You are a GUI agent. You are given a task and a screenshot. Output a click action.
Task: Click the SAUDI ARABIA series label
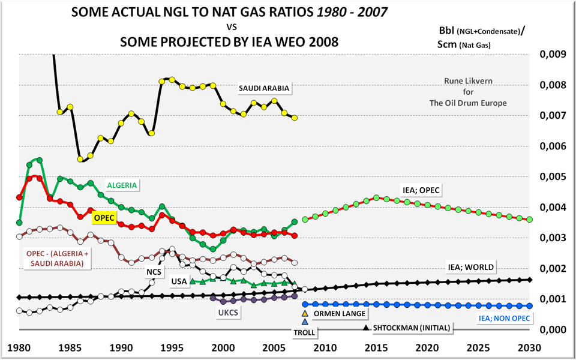click(x=264, y=88)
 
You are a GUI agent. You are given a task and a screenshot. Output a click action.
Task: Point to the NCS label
click(x=154, y=271)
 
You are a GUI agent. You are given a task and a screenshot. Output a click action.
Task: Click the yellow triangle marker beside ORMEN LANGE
click(x=305, y=313)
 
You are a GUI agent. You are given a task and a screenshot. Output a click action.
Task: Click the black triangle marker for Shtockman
click(x=366, y=328)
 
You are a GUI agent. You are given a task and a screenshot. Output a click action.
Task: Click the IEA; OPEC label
click(x=421, y=190)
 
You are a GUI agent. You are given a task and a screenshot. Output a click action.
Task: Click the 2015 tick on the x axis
click(x=376, y=347)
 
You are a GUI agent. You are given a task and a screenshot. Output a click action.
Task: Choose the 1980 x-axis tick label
click(x=20, y=347)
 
